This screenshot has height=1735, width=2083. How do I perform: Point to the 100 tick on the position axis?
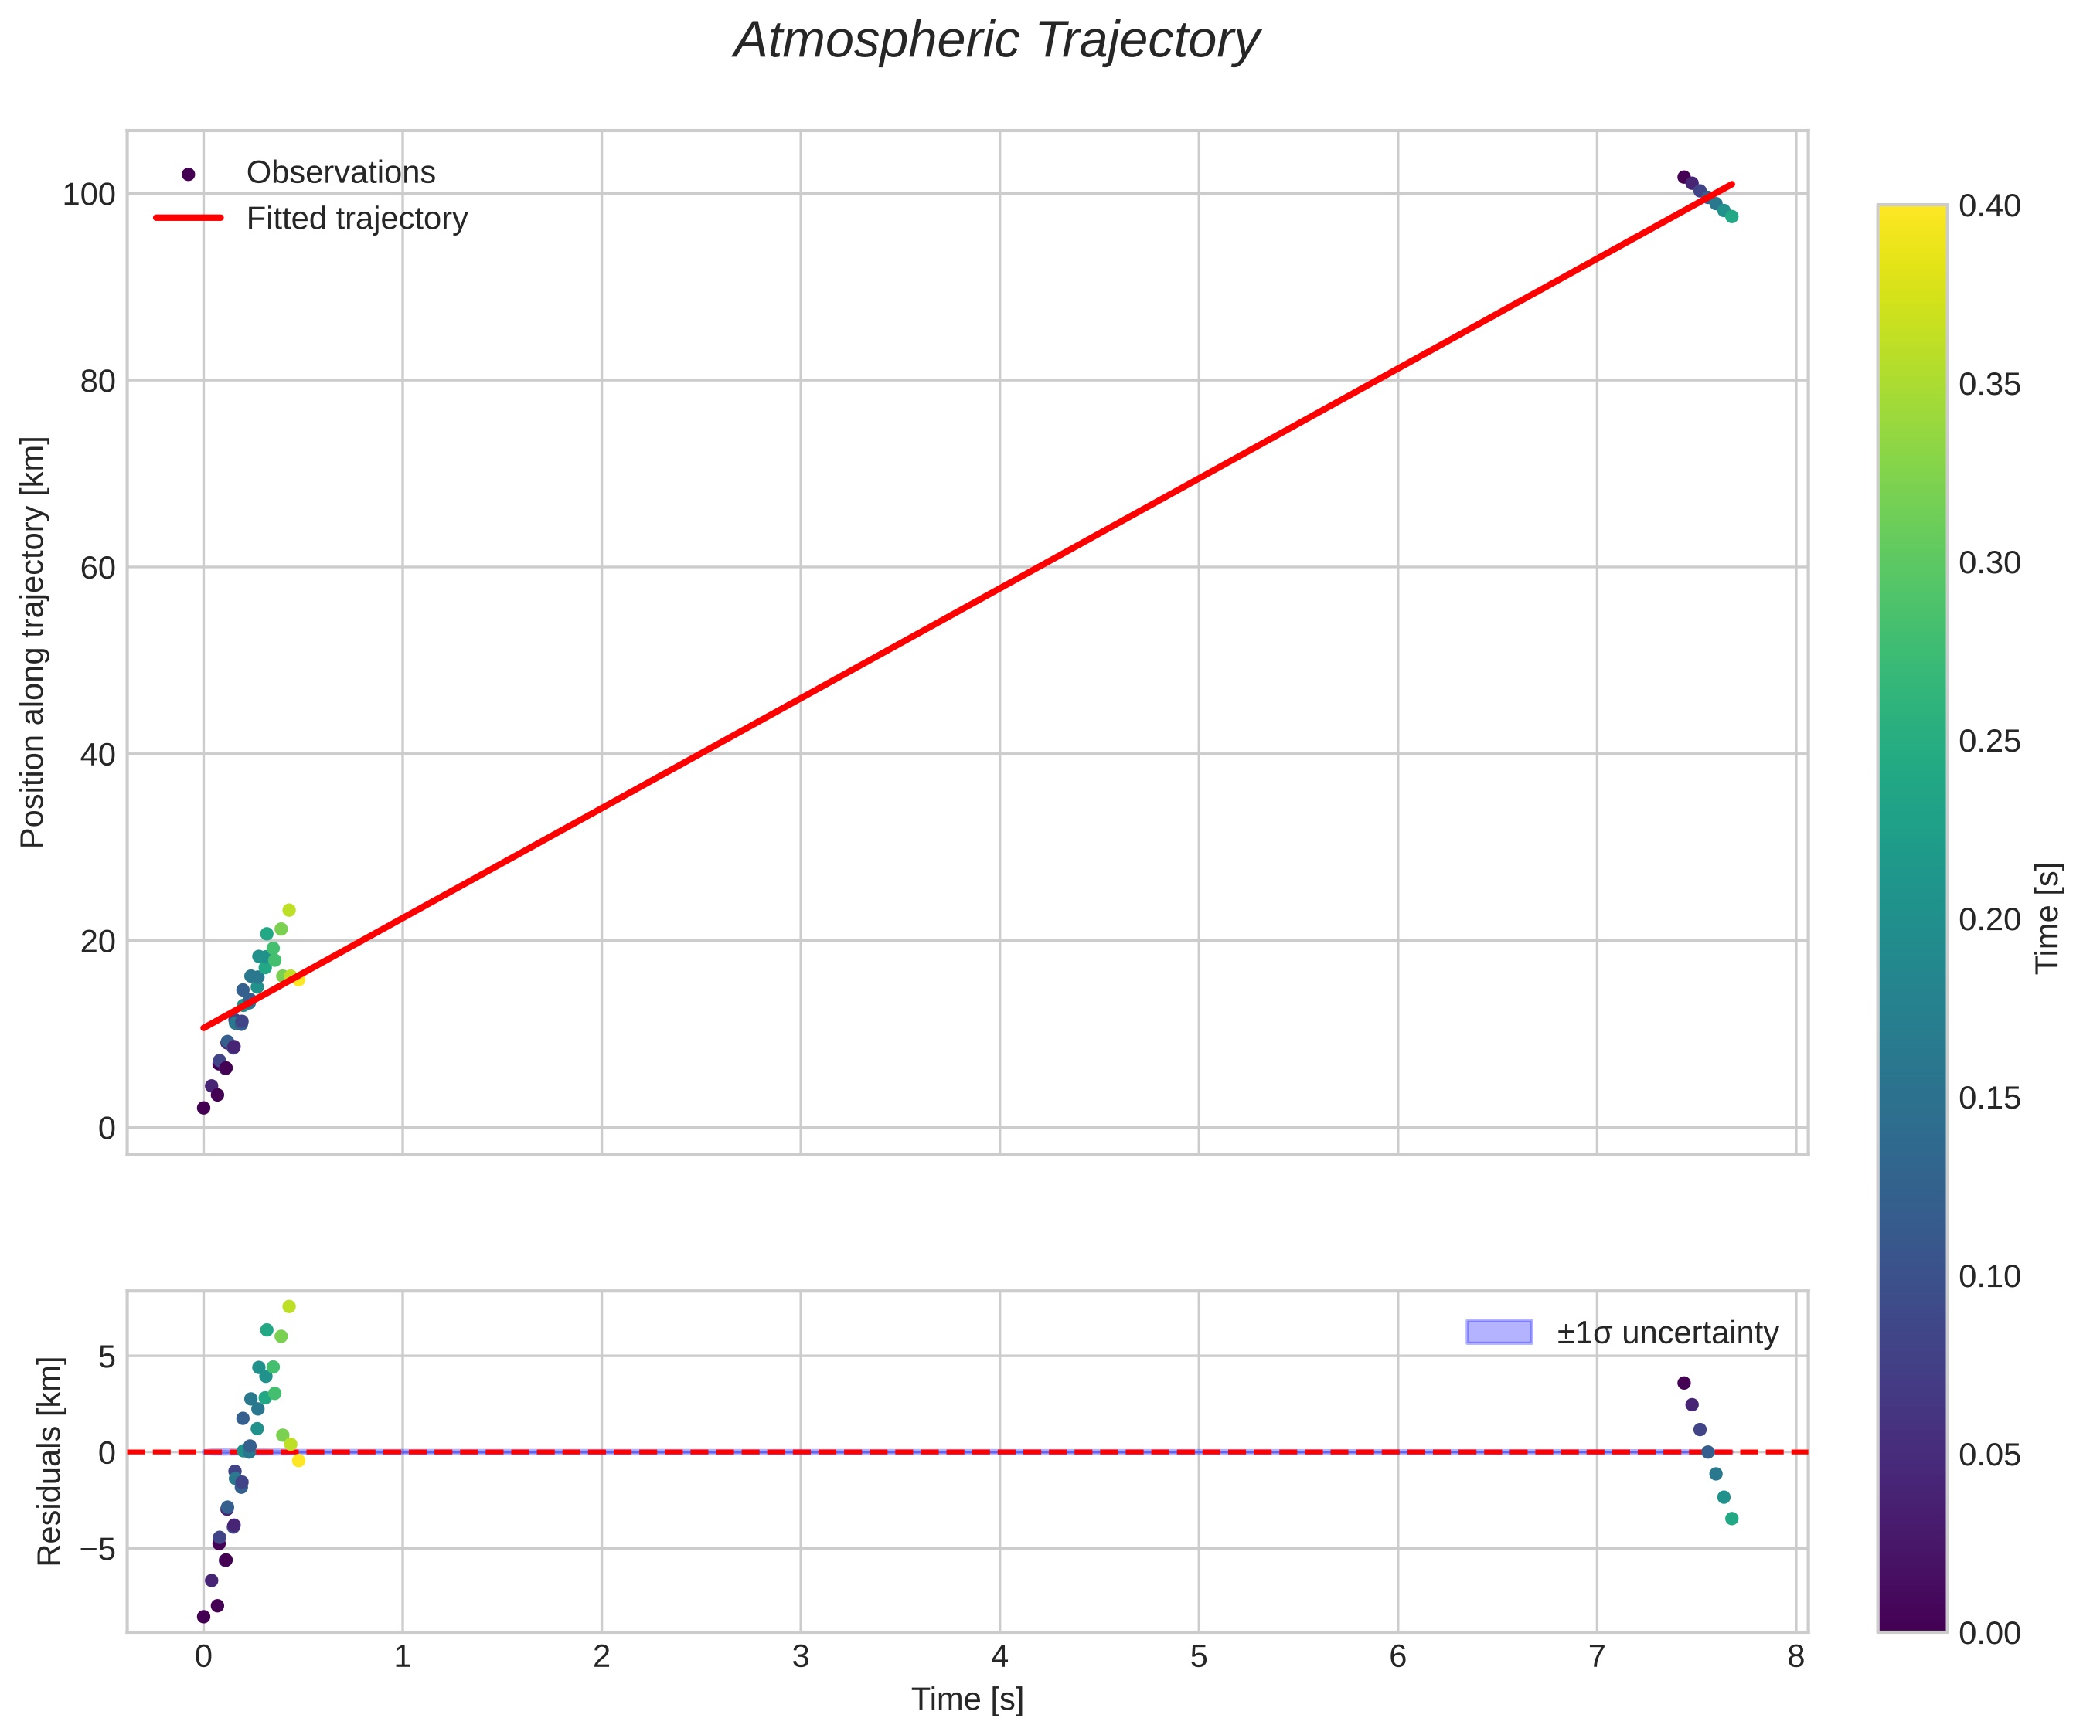pyautogui.click(x=90, y=195)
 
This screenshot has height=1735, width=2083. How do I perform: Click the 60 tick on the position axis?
pyautogui.click(x=97, y=568)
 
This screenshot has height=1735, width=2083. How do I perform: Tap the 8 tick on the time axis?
pyautogui.click(x=1795, y=1657)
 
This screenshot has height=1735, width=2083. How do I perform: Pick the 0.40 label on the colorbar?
pyautogui.click(x=1989, y=206)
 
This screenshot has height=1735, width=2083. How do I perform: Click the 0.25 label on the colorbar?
pyautogui.click(x=1989, y=742)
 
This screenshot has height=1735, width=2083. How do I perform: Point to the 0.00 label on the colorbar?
pyautogui.click(x=1989, y=1633)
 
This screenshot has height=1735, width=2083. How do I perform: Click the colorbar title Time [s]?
pyautogui.click(x=2047, y=918)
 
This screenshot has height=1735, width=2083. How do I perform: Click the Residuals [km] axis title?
pyautogui.click(x=49, y=1462)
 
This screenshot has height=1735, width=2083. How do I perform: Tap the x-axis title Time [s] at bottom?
pyautogui.click(x=967, y=1699)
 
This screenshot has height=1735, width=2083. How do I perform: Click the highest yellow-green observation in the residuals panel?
pyautogui.click(x=288, y=1307)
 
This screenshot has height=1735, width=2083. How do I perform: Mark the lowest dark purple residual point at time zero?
pyautogui.click(x=203, y=1617)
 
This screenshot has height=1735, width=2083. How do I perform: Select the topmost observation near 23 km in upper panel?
pyautogui.click(x=288, y=910)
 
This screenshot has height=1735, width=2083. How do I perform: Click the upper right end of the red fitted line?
pyautogui.click(x=1732, y=185)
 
